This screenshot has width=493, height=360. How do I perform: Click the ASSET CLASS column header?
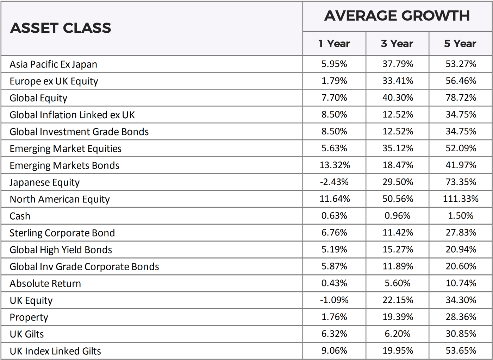pyautogui.click(x=60, y=28)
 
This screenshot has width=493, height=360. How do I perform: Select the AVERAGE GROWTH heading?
pyautogui.click(x=397, y=16)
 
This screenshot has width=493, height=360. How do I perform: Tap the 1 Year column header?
pyautogui.click(x=334, y=44)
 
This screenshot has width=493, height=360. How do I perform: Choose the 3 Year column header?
pyautogui.click(x=397, y=44)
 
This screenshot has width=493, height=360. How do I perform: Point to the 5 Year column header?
pyautogui.click(x=460, y=44)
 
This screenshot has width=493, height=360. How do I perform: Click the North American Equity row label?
pyautogui.click(x=60, y=199)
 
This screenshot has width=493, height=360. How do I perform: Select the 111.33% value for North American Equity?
pyautogui.click(x=460, y=199)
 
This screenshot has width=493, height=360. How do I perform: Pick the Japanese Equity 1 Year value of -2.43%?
pyautogui.click(x=334, y=182)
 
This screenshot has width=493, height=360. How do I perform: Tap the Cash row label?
pyautogui.click(x=20, y=216)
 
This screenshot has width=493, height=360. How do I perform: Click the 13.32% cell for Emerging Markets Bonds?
pyautogui.click(x=334, y=165)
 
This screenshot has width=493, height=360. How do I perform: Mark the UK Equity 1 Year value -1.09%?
pyautogui.click(x=334, y=300)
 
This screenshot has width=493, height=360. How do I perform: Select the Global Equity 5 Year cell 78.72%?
pyautogui.click(x=461, y=97)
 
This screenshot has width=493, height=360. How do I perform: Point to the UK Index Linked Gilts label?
pyautogui.click(x=55, y=351)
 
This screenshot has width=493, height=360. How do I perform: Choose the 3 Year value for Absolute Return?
pyautogui.click(x=397, y=283)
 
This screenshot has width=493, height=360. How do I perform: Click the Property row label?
pyautogui.click(x=29, y=317)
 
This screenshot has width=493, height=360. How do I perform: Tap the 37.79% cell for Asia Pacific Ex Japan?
pyautogui.click(x=398, y=64)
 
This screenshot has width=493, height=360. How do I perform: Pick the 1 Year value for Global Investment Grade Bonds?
pyautogui.click(x=334, y=131)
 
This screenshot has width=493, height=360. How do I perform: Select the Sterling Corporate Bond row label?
pyautogui.click(x=62, y=233)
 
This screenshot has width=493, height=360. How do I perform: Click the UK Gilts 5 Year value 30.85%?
pyautogui.click(x=461, y=334)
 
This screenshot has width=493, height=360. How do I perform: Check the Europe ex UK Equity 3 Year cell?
pyautogui.click(x=398, y=81)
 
